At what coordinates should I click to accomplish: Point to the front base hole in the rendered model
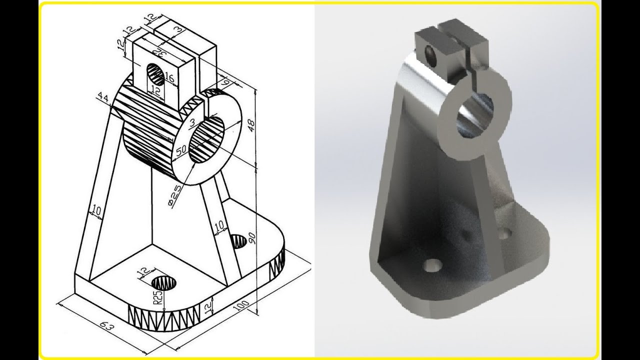point(432,264)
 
